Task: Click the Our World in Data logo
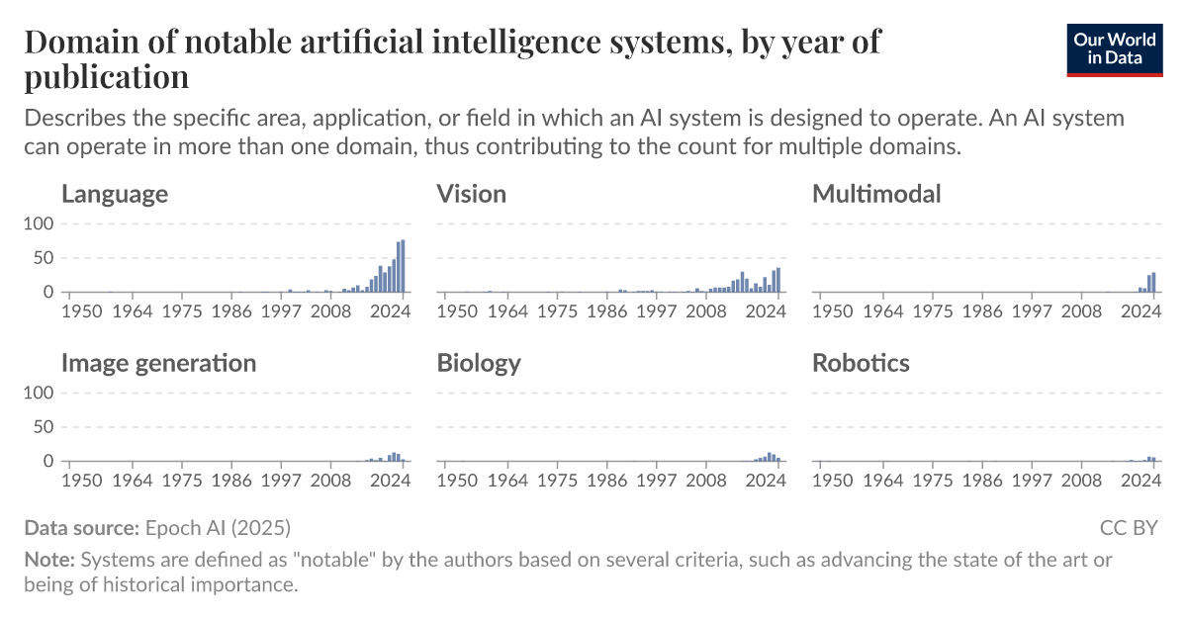1115,48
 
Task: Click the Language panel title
114,194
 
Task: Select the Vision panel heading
471,194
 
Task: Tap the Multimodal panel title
876,194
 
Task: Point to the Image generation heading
158,363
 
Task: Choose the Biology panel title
479,363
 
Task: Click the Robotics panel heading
861,363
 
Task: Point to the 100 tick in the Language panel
37,223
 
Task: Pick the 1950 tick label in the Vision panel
457,311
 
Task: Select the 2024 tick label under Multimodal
1142,311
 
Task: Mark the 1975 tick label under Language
182,311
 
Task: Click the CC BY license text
1128,527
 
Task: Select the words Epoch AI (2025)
218,527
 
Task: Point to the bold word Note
47,560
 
